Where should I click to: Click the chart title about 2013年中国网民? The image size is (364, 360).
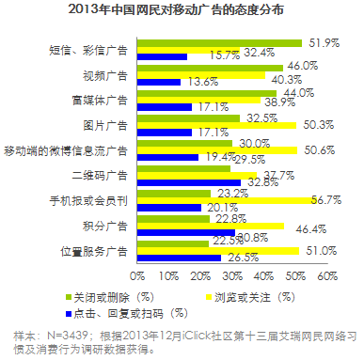(182, 11)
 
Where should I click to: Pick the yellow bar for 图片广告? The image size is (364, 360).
(216, 124)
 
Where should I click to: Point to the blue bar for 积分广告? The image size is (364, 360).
(185, 233)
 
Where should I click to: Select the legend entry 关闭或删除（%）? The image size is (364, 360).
(96, 297)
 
